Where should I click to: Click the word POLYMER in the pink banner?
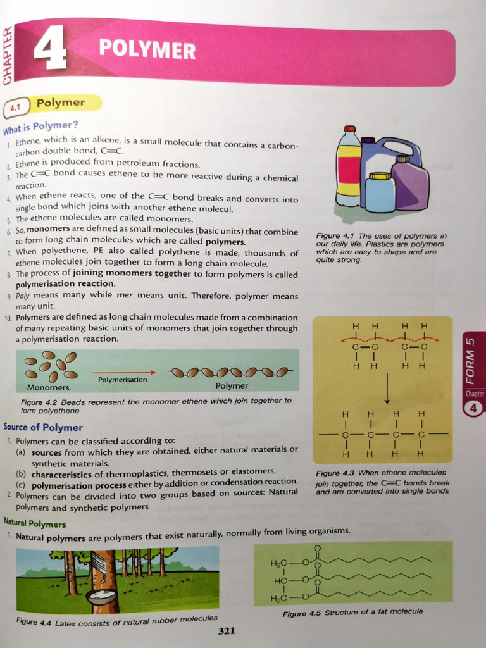[x=147, y=50]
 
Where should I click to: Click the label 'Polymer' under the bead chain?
[x=232, y=385]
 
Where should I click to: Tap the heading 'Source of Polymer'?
[x=43, y=427]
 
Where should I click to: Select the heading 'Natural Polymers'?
[x=35, y=523]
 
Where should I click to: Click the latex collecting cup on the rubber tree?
[x=101, y=595]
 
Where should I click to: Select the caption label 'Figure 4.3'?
[x=335, y=473]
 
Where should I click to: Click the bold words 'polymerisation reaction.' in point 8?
[x=66, y=284]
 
